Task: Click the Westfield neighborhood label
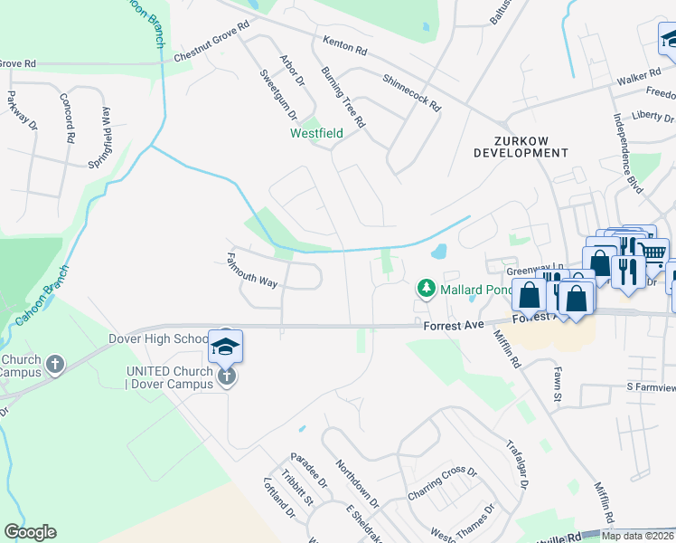click(x=316, y=133)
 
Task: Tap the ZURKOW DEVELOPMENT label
click(x=520, y=147)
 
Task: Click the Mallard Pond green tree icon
click(x=426, y=290)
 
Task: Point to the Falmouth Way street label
click(x=251, y=270)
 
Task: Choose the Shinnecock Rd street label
click(x=411, y=93)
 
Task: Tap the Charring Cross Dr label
click(x=441, y=483)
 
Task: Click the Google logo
click(x=30, y=532)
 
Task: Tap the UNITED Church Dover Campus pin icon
click(x=226, y=376)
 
